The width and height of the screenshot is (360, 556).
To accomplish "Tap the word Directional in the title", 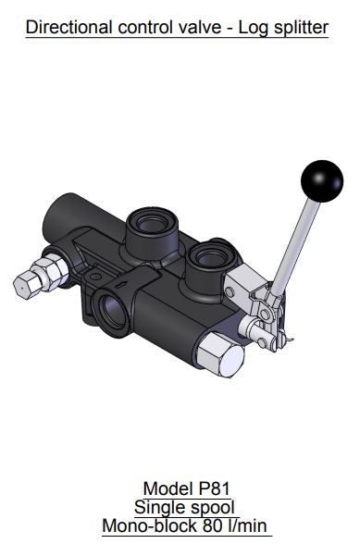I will click(x=70, y=27).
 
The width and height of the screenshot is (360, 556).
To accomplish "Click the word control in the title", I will click(x=151, y=27).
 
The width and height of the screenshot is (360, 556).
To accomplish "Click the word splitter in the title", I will click(x=303, y=27).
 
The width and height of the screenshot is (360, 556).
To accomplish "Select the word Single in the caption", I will click(x=160, y=507).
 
